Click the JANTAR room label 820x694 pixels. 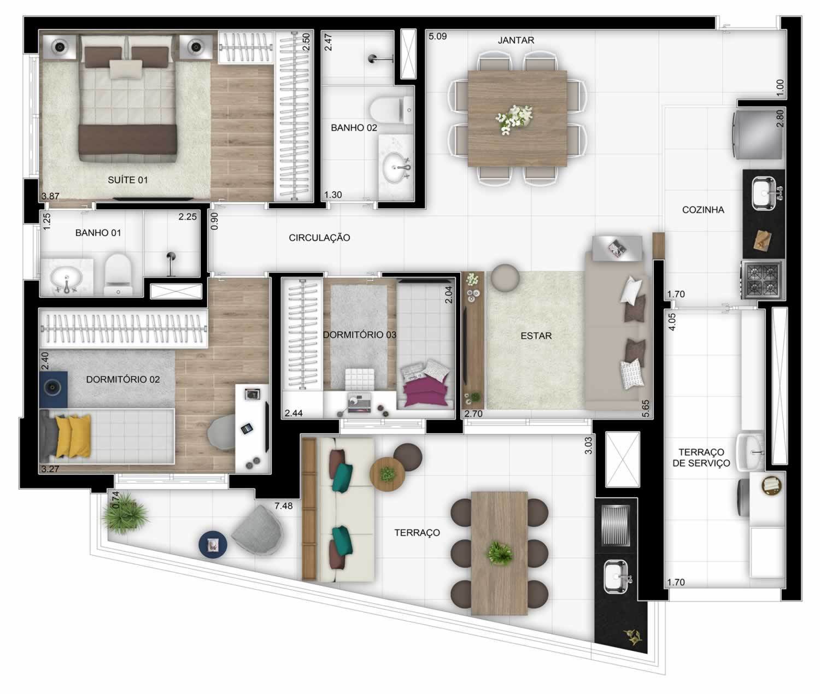pos(516,40)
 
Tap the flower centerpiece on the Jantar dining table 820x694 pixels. pos(514,118)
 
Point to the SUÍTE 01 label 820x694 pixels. pos(128,180)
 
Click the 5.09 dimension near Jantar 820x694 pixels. pos(437,37)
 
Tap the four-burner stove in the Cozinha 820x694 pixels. pos(762,279)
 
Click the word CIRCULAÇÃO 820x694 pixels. pos(319,238)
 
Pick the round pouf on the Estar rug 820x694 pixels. pos(505,278)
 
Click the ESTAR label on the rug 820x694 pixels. pos(536,336)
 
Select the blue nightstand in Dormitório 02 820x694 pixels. pos(53,389)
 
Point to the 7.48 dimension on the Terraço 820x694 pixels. pos(284,506)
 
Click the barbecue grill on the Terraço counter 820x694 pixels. pos(616,525)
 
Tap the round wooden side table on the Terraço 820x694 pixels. pos(387,475)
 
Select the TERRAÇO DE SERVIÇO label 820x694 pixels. pos(701,457)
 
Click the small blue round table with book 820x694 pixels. pos(213,544)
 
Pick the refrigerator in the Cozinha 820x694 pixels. pos(758,135)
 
